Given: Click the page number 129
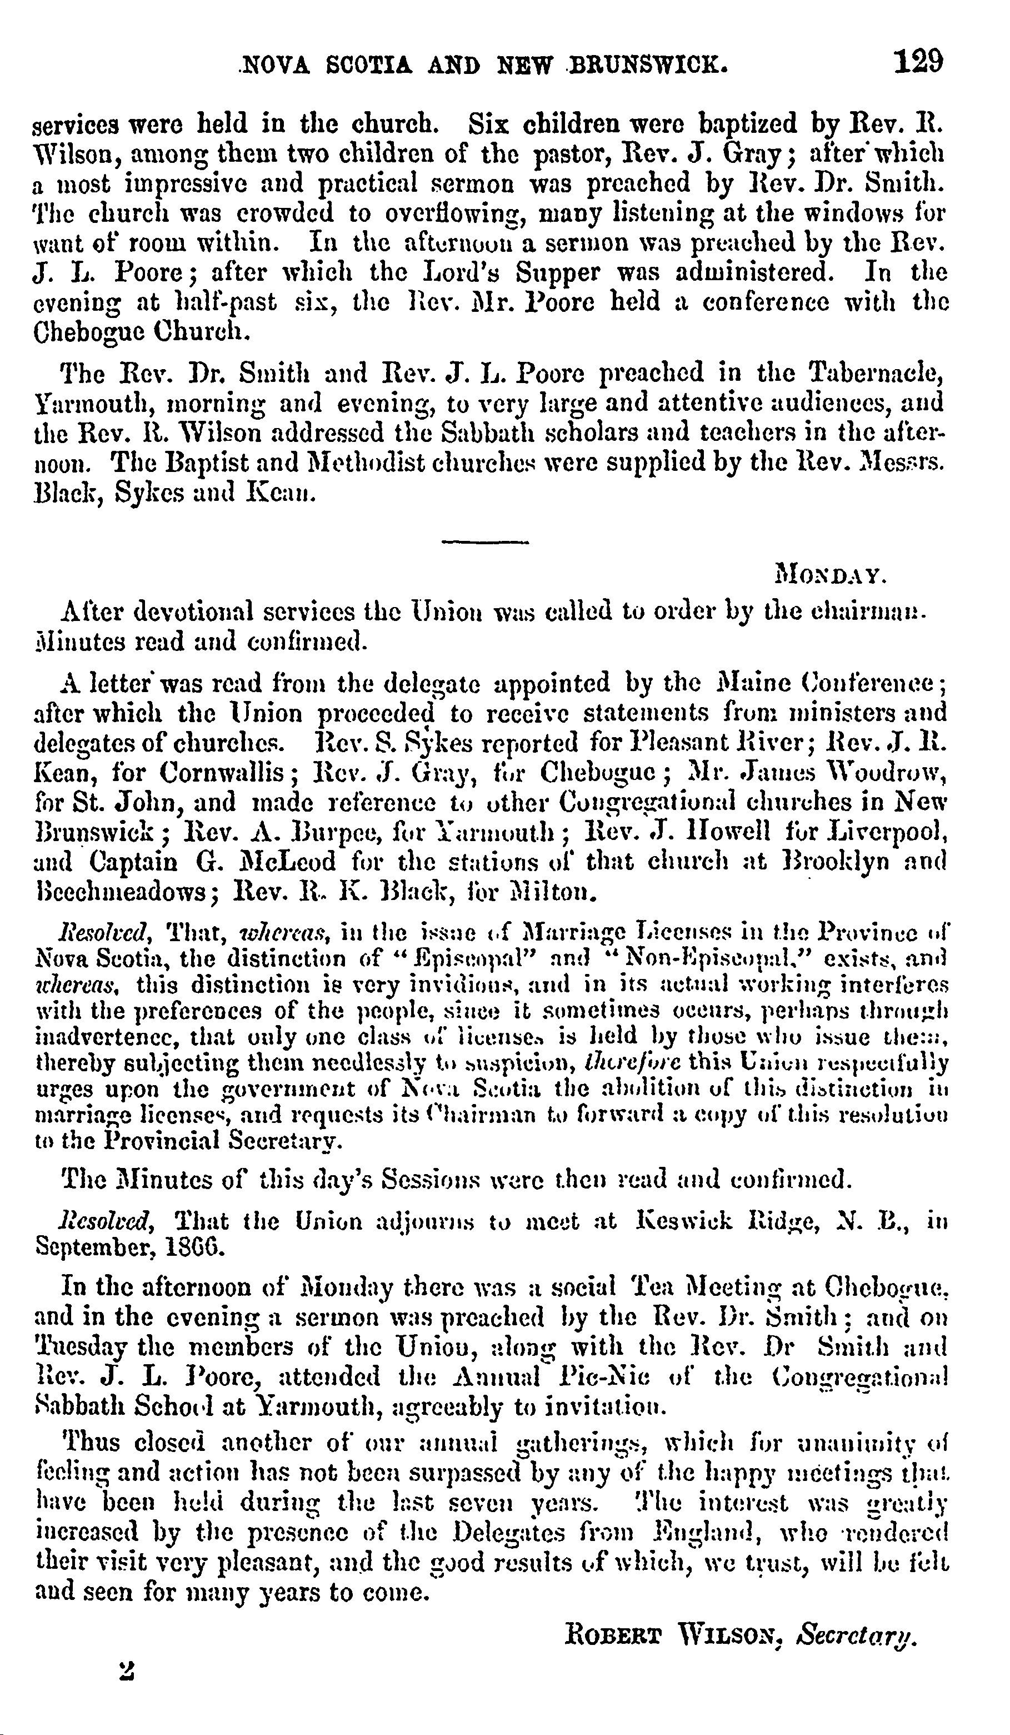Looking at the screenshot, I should click(918, 62).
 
